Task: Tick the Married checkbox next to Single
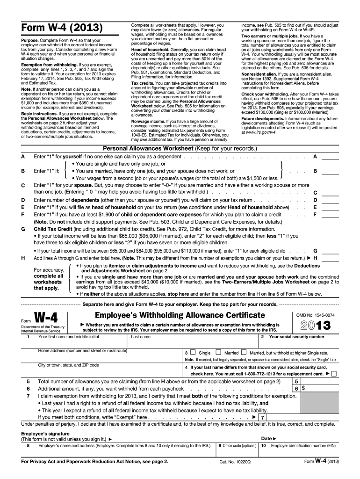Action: coord(218,352)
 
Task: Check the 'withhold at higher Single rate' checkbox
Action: coord(244,352)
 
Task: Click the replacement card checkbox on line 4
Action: coord(334,374)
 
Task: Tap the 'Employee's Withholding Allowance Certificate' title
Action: coord(180,316)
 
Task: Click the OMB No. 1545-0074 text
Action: coord(318,315)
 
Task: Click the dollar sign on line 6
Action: coord(303,388)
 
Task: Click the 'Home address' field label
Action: coord(82,350)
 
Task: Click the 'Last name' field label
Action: coord(141,337)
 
